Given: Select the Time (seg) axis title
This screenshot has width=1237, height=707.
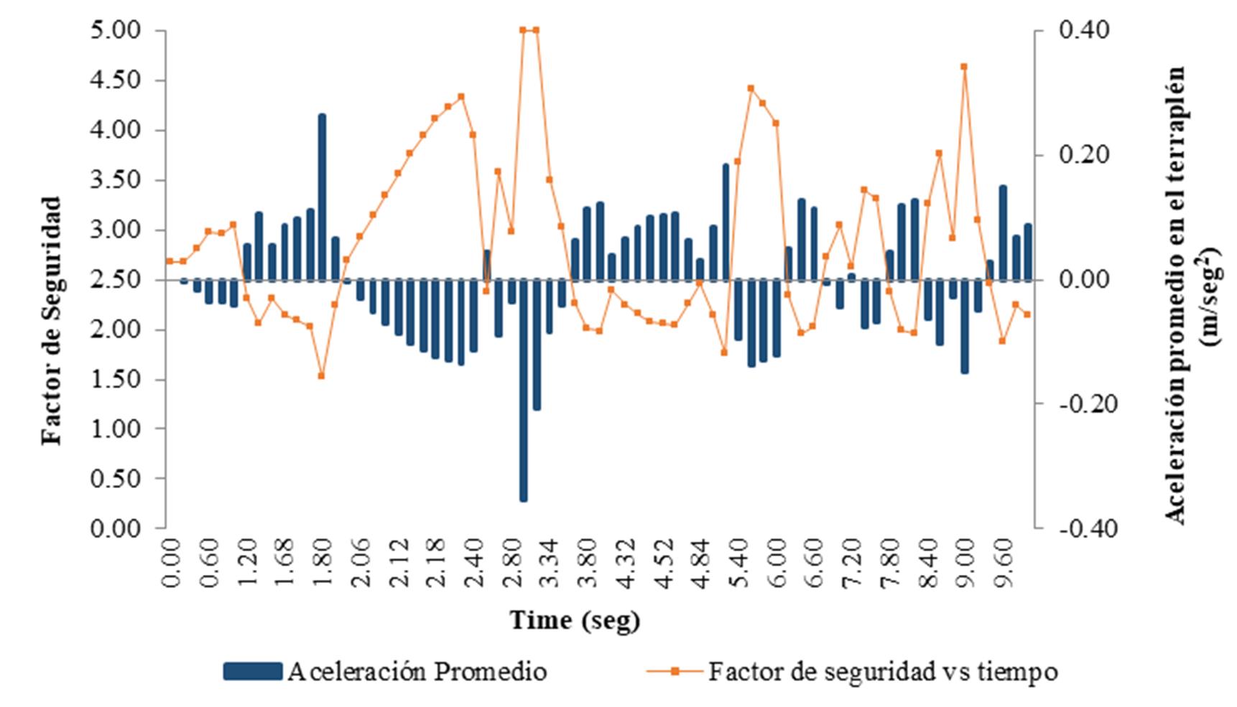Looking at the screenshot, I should click(x=575, y=619).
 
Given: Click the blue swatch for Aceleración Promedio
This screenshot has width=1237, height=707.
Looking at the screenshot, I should click(x=252, y=672).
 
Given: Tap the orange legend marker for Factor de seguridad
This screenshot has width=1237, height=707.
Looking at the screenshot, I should click(x=675, y=672).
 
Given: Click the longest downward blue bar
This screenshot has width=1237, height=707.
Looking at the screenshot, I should click(x=523, y=390).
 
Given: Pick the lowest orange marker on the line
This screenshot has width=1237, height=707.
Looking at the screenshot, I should click(x=321, y=375).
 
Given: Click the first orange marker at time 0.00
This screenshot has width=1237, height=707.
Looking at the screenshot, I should click(x=170, y=261).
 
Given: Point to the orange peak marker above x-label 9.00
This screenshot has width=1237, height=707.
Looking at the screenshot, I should click(x=964, y=66).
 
